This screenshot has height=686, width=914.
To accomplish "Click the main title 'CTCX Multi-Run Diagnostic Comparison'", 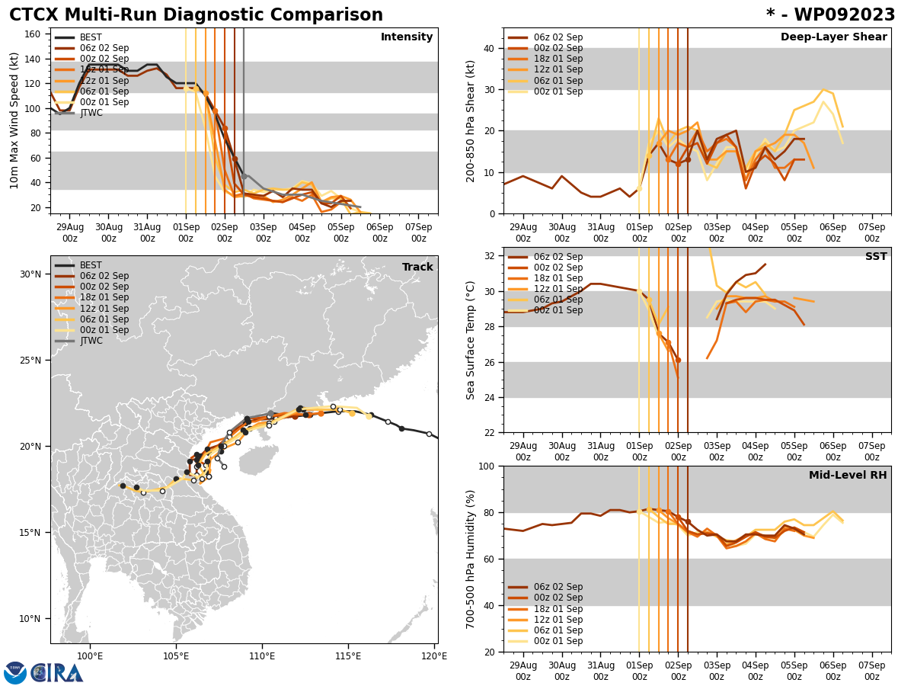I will click(196, 15).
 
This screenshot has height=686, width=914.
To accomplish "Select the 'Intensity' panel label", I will click(407, 37).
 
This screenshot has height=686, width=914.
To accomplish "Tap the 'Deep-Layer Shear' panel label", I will click(833, 37).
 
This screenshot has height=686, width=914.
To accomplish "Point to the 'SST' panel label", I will click(876, 257).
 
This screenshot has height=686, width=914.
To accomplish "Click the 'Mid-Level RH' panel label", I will click(848, 476).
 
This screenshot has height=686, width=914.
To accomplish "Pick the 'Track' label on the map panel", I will click(417, 268).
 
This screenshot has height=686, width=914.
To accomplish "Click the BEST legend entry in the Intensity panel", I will click(90, 37).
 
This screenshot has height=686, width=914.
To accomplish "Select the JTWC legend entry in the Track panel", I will click(91, 341).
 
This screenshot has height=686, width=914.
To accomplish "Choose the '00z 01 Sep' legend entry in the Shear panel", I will click(558, 91).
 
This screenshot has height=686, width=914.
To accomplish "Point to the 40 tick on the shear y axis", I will click(487, 48).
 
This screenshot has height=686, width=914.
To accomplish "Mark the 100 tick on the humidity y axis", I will click(484, 466).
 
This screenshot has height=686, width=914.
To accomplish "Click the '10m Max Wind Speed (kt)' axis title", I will click(14, 120).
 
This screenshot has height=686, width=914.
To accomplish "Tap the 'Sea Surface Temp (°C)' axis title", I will click(471, 340).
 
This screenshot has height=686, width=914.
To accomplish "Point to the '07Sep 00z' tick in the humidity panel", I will click(871, 671).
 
